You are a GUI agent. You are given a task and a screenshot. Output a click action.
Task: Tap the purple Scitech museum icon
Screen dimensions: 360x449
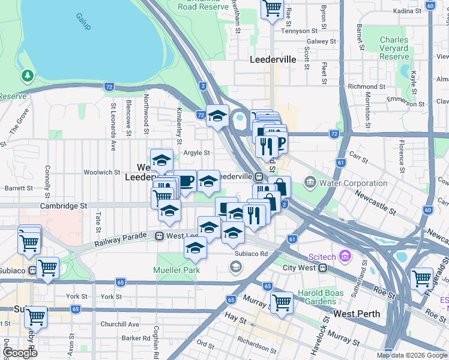[x=345, y=257]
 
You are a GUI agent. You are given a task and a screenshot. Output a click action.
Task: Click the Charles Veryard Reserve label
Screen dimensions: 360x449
[x=394, y=49]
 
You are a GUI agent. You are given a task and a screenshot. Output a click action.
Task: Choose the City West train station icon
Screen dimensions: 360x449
[x=322, y=268]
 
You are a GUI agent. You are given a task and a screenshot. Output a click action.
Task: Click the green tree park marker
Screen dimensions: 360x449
[x=26, y=76]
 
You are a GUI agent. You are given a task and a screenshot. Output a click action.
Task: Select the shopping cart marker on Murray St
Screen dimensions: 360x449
[x=281, y=302]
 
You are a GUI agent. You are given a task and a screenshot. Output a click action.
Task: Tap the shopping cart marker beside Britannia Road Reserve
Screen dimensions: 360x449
[x=272, y=8]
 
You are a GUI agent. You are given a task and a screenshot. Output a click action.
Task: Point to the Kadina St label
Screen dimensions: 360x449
[x=409, y=11]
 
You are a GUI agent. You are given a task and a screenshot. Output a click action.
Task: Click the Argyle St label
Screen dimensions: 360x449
[x=196, y=152]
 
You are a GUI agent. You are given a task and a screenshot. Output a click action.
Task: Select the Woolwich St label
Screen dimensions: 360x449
[x=98, y=172]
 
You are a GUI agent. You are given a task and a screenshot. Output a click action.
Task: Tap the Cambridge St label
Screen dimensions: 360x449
[x=64, y=205]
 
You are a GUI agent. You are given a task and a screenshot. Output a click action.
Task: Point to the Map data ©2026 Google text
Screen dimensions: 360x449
[x=412, y=355]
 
